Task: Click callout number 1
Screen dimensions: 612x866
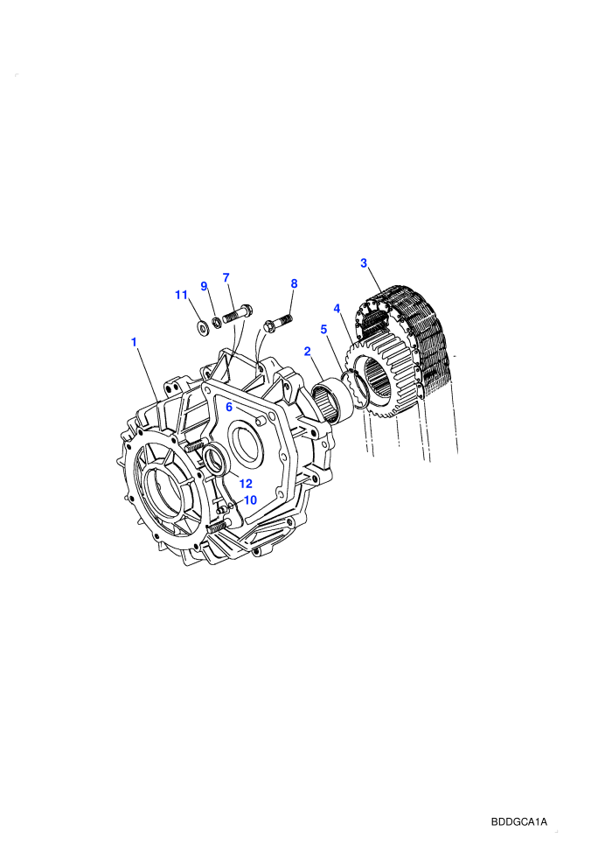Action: [x=134, y=342]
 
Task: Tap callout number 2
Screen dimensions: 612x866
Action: [x=308, y=352]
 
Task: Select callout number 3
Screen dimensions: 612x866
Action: [x=364, y=263]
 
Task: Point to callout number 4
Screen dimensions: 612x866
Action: [x=337, y=308]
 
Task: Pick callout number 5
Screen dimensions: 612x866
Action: [x=324, y=330]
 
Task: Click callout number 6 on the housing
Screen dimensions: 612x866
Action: [x=229, y=407]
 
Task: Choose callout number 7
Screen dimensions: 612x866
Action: [x=226, y=278]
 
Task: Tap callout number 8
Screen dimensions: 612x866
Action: [x=294, y=284]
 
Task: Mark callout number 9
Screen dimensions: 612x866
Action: [x=205, y=286]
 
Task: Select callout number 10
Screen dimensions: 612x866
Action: [x=250, y=500]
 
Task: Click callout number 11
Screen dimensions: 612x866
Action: [x=182, y=295]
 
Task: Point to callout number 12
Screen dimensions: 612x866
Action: [x=246, y=484]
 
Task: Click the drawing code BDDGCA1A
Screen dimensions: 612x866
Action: [x=518, y=821]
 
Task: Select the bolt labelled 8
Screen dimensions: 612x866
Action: [x=278, y=323]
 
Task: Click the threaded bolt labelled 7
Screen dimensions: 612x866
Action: [x=237, y=314]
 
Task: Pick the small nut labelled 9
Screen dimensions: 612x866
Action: [x=217, y=321]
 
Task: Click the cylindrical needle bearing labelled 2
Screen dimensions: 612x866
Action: [x=331, y=398]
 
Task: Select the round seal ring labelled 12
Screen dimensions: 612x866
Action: [x=215, y=460]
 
